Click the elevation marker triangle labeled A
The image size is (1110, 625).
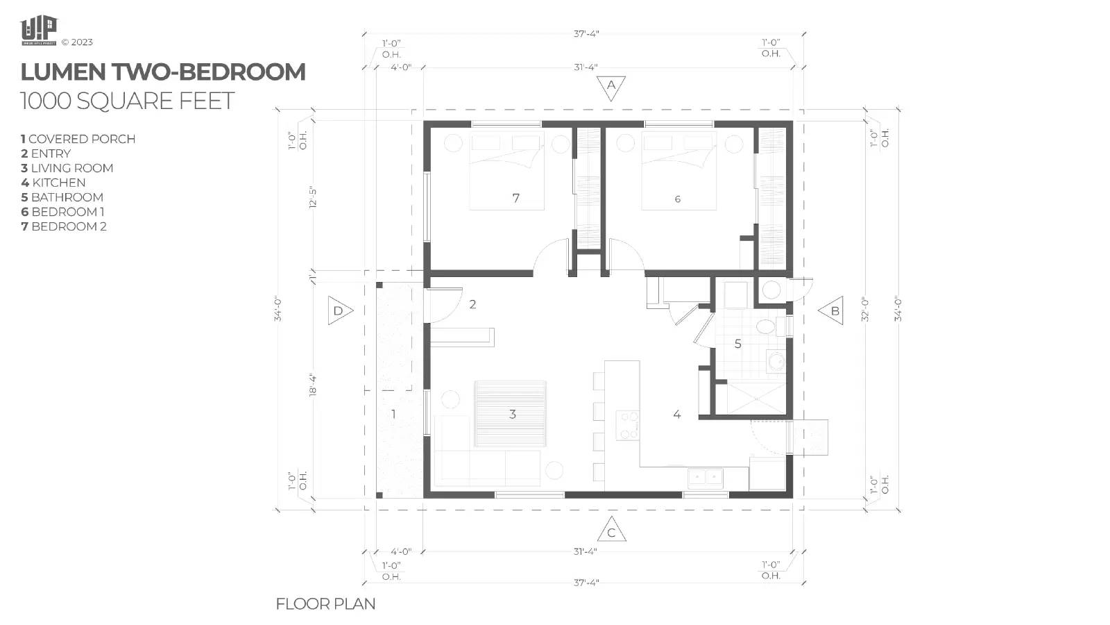611,87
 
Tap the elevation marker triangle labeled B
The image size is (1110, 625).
832,311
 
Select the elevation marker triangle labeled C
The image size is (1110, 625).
611,531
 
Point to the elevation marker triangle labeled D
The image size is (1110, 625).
339,310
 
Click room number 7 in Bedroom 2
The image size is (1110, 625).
515,199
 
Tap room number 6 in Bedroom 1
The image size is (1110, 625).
677,199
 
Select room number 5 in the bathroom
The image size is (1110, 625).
737,343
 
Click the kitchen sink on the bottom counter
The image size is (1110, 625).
705,477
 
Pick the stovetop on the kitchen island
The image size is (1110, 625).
628,425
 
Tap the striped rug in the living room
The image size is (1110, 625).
510,414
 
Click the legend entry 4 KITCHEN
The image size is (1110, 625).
53,183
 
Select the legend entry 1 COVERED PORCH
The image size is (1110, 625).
78,139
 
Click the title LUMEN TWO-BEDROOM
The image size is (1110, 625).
163,72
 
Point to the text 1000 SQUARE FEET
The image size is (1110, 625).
127,101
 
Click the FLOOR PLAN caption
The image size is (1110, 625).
325,604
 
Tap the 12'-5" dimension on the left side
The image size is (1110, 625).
314,197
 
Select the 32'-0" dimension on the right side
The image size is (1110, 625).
864,309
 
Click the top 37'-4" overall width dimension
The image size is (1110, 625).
586,33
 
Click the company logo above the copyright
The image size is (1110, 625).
38,31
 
